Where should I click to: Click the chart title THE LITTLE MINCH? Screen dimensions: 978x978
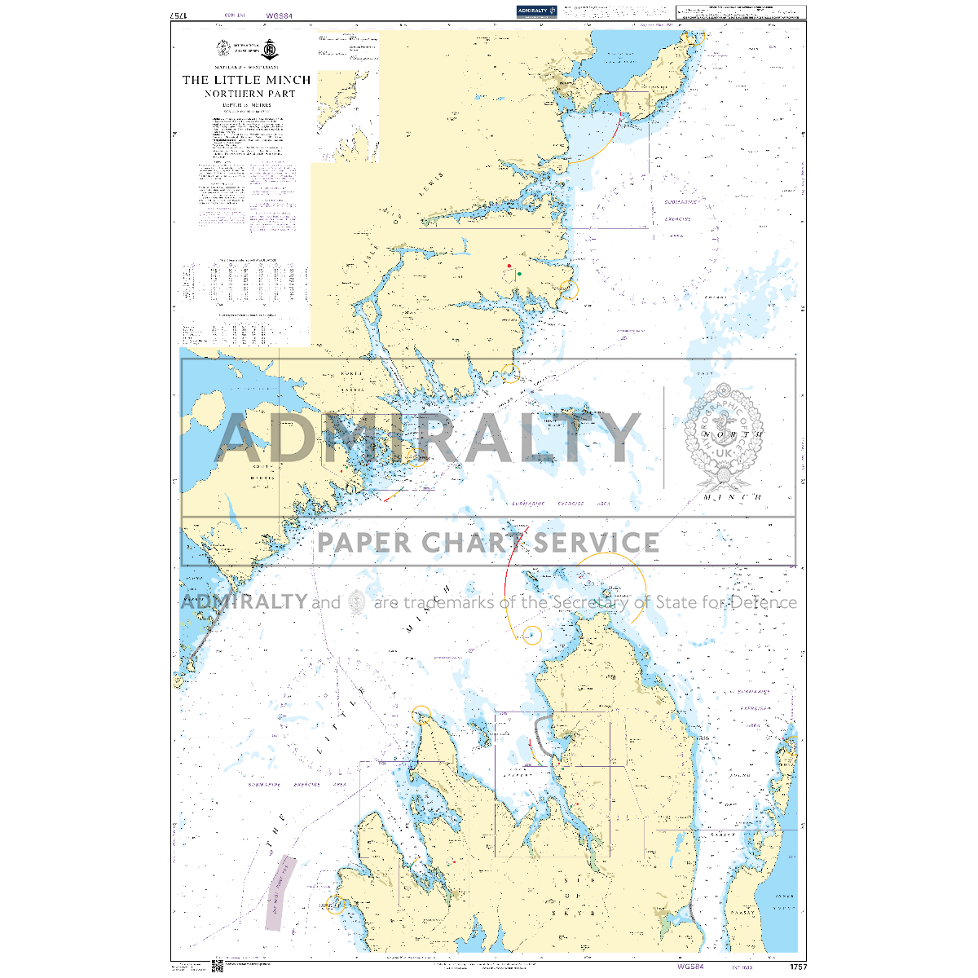point(246,80)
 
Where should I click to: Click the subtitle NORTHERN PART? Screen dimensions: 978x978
point(250,94)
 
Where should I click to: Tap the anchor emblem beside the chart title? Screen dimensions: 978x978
point(274,48)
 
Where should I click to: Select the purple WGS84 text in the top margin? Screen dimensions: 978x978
point(278,15)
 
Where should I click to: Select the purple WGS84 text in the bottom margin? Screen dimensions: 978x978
point(690,967)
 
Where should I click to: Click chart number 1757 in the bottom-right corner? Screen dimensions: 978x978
point(798,967)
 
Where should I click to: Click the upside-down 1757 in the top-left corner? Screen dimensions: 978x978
point(178,15)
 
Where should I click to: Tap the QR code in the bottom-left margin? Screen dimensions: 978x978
point(218,967)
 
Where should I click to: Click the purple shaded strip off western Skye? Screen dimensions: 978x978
point(280,892)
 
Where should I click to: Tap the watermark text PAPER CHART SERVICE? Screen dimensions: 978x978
point(488,542)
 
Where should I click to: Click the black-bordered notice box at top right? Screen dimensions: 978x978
point(740,11)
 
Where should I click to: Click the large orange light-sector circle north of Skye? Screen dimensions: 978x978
point(609,588)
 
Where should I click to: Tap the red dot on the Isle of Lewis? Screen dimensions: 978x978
point(509,266)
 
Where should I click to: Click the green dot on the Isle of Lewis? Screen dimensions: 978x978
point(519,275)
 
